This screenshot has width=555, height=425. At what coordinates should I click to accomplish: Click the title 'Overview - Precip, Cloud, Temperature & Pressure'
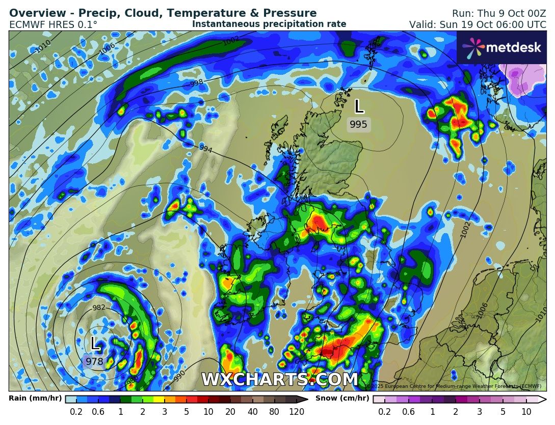163,13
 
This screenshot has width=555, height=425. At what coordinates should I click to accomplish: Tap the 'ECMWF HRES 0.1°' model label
53,24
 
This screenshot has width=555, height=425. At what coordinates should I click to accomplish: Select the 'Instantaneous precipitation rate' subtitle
269,24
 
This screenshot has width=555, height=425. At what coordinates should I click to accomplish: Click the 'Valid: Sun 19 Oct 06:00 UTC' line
477,24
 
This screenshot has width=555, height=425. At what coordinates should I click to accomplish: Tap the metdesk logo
501,47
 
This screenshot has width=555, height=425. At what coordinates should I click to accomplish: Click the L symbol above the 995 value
359,106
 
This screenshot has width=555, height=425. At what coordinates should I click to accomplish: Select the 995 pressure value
358,125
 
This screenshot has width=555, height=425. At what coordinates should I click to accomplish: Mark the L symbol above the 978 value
95,344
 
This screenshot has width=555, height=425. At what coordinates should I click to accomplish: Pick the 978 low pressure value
94,362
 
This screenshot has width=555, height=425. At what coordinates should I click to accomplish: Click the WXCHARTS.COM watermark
280,380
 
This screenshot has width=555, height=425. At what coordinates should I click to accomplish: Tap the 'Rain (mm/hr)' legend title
35,399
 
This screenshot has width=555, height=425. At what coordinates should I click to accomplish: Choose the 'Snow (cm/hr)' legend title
342,399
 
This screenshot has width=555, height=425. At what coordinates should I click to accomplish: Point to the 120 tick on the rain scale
296,412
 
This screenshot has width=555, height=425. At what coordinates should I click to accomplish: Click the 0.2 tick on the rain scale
76,412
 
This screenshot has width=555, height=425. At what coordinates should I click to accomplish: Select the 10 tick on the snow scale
526,412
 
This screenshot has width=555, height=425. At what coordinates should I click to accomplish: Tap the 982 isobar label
99,307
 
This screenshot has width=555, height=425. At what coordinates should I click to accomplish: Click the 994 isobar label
205,149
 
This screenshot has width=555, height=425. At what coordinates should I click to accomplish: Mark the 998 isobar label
197,82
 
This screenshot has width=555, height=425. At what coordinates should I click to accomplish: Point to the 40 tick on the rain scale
252,412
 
